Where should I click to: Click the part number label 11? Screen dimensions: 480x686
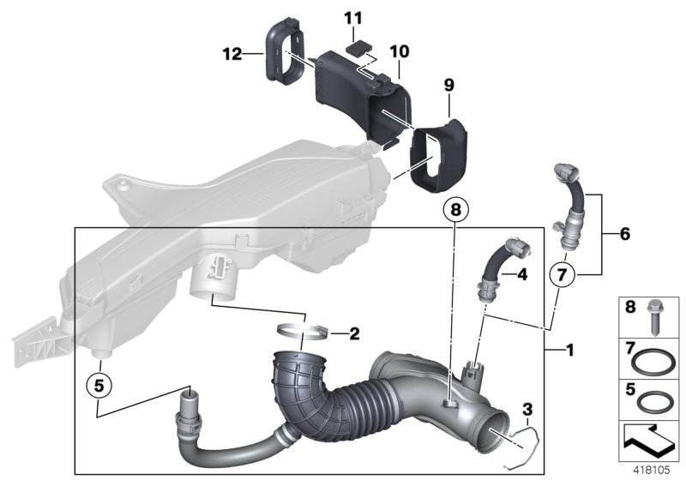point(353,17)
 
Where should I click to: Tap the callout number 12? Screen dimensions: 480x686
point(232,54)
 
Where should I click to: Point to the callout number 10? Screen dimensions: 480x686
point(400,51)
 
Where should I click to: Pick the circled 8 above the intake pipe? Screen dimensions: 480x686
point(456,208)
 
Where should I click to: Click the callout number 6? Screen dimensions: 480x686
point(623,233)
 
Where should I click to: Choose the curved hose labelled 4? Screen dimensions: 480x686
point(497,265)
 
